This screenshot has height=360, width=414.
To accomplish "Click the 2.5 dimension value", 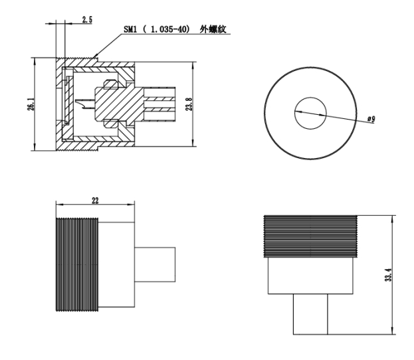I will coord(87,20).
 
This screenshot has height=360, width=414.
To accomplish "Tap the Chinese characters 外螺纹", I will coord(216,30).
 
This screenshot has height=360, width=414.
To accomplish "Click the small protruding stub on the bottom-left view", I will coord(154,265).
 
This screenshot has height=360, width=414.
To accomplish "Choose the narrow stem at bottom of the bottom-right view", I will coord(310,314).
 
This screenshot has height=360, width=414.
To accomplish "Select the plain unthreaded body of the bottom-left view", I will coord(117,264).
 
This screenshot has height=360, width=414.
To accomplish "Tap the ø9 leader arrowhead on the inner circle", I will coord(297,110).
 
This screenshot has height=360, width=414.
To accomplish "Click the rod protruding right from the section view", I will coord(163,104).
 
